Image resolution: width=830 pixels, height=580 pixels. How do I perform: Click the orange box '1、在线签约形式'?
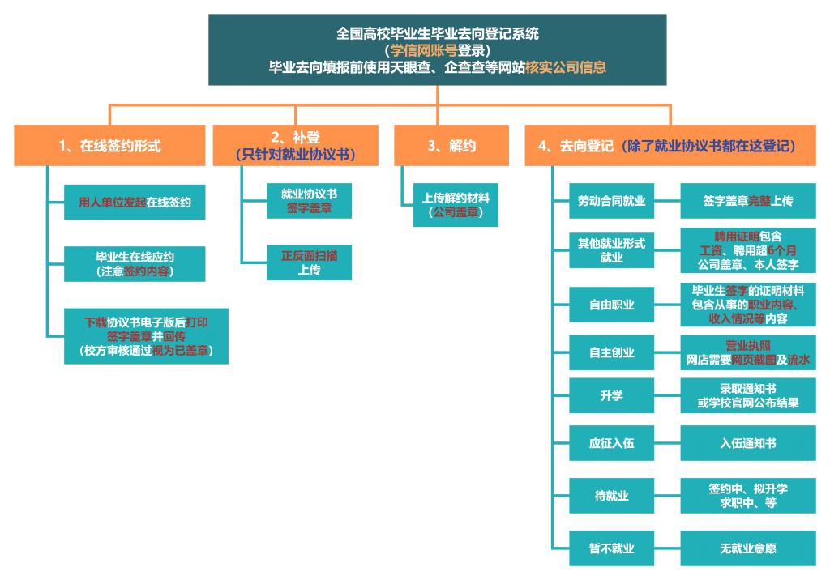point(109,146)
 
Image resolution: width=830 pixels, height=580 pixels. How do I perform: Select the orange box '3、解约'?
point(451,146)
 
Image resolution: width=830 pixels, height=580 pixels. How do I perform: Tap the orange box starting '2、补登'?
point(297,146)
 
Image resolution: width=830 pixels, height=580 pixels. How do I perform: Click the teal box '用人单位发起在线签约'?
point(135,203)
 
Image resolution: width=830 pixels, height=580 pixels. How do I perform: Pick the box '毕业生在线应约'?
point(135,263)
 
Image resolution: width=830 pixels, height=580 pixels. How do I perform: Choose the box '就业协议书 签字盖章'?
point(309,201)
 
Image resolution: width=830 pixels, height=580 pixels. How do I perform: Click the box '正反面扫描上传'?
point(309,262)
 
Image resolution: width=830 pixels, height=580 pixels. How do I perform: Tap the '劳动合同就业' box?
point(611,201)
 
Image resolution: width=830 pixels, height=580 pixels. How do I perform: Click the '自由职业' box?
point(611,305)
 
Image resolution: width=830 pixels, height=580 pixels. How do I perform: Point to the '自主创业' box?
point(611,352)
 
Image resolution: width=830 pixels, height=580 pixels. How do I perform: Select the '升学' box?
point(611,396)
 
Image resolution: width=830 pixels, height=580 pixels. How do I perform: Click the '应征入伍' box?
point(611,443)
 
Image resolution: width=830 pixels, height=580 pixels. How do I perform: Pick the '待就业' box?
point(611,495)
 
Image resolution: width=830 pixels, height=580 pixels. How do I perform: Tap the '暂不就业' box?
point(611,548)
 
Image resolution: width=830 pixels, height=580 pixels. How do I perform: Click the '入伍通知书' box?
point(747,443)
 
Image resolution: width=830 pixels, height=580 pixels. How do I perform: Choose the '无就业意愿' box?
point(747,548)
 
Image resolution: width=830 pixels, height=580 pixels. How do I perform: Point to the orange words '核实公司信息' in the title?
point(565,67)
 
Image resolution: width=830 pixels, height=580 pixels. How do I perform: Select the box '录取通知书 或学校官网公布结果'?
point(747,396)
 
